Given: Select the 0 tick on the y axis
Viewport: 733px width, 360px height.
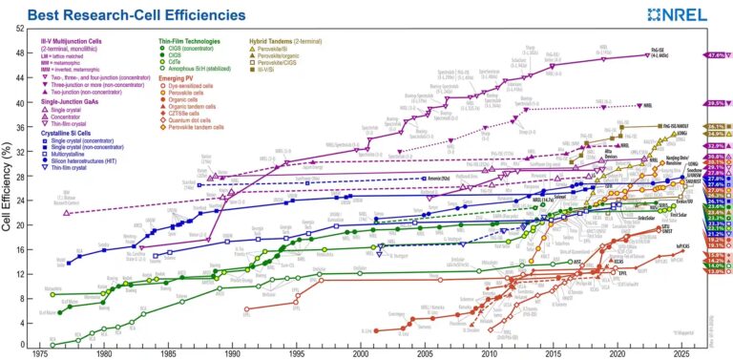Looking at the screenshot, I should tap(23, 345).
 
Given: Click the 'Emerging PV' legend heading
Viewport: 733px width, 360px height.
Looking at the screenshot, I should tap(178, 79).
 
